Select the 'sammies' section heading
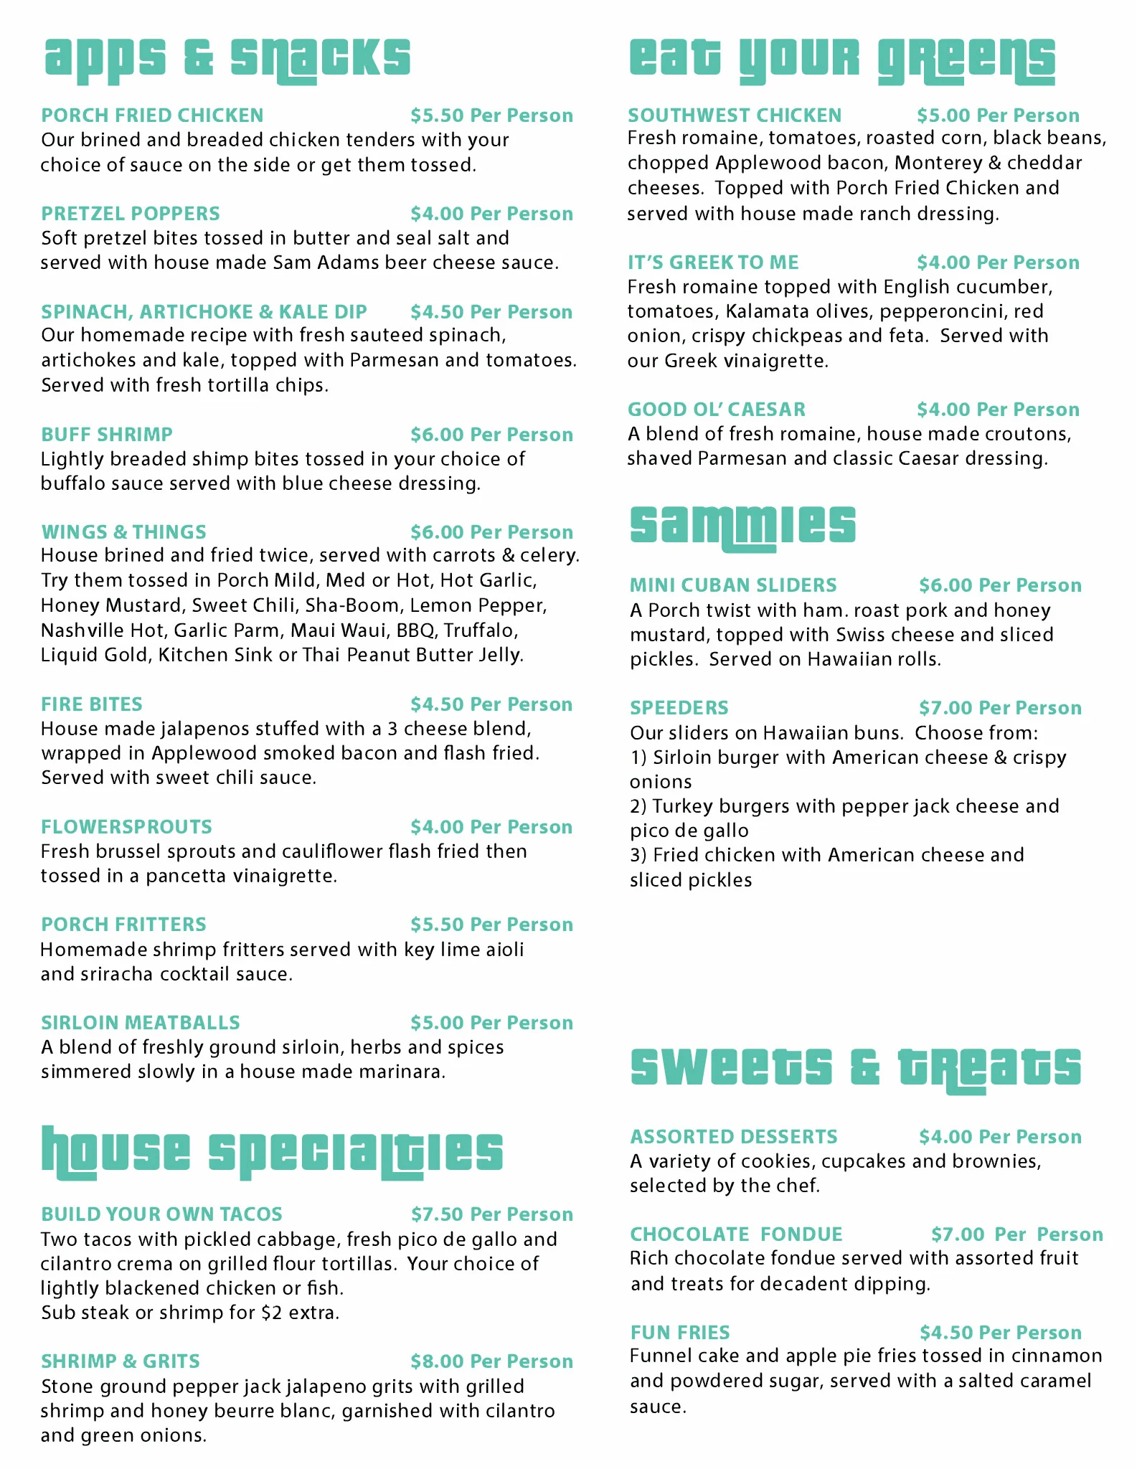coord(742,526)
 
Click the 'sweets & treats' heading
coord(855,1067)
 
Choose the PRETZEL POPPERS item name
coord(131,214)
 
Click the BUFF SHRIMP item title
coord(107,435)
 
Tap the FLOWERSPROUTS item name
coord(126,827)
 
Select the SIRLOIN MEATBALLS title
coord(141,1023)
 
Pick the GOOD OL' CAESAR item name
coord(717,410)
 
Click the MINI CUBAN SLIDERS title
coord(733,585)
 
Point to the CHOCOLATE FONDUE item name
coord(736,1234)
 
